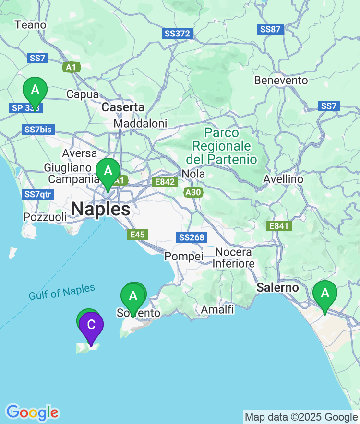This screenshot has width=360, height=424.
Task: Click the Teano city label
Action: point(31,24)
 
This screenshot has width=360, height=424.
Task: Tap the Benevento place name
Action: point(281,80)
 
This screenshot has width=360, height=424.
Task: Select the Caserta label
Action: point(123,107)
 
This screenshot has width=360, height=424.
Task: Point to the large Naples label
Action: point(100,209)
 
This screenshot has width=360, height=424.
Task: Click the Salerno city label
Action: point(277,287)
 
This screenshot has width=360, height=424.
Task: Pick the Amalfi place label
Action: point(217,309)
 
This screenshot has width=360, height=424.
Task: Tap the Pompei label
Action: point(184,257)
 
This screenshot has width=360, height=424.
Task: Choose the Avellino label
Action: point(283,179)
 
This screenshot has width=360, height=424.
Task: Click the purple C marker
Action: point(91,325)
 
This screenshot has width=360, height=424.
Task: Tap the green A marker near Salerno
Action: point(325,293)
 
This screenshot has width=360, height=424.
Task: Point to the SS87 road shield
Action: point(270,29)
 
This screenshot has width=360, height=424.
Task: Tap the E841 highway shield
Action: point(278,225)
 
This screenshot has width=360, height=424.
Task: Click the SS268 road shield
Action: point(192,237)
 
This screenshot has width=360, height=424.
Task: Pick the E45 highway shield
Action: point(138,235)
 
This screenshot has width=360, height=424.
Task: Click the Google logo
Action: point(32,412)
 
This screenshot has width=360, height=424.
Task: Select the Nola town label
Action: point(193,174)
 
